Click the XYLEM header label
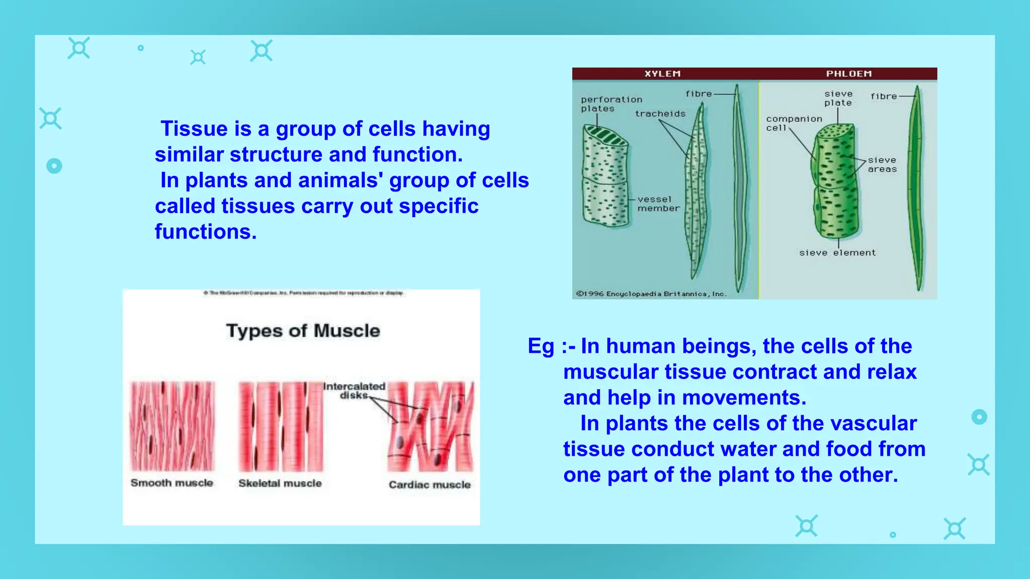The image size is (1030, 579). [x=662, y=74]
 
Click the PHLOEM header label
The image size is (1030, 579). [x=848, y=74]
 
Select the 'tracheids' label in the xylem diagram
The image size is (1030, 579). [x=660, y=114]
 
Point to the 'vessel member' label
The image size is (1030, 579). [x=658, y=204]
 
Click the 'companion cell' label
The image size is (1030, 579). [x=793, y=123]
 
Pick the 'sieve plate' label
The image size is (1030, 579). [x=838, y=98]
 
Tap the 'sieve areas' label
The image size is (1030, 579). [x=882, y=164]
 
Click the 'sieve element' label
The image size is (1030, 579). [x=837, y=253]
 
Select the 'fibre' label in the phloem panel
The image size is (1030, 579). [x=883, y=96]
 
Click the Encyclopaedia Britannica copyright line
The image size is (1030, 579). [x=651, y=294]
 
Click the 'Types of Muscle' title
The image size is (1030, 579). [x=303, y=331]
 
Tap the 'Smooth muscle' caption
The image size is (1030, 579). [x=171, y=483]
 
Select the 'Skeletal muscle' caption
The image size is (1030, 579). [x=280, y=484]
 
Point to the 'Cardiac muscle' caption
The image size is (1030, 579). [x=430, y=485]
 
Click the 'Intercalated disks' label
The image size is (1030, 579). [x=354, y=391]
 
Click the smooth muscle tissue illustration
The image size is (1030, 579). [x=172, y=426]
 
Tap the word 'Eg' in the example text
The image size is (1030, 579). [x=541, y=347]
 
